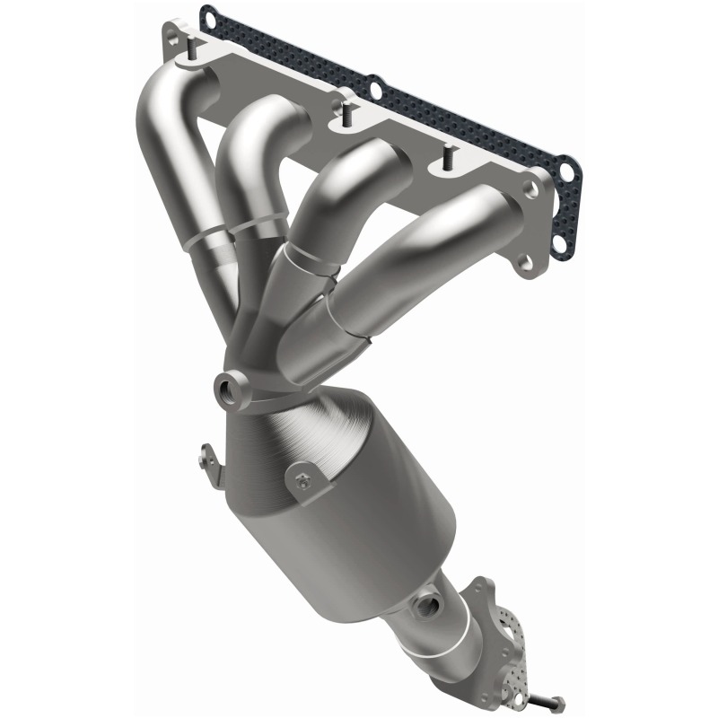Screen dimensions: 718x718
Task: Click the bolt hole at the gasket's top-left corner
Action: [x=208, y=15]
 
